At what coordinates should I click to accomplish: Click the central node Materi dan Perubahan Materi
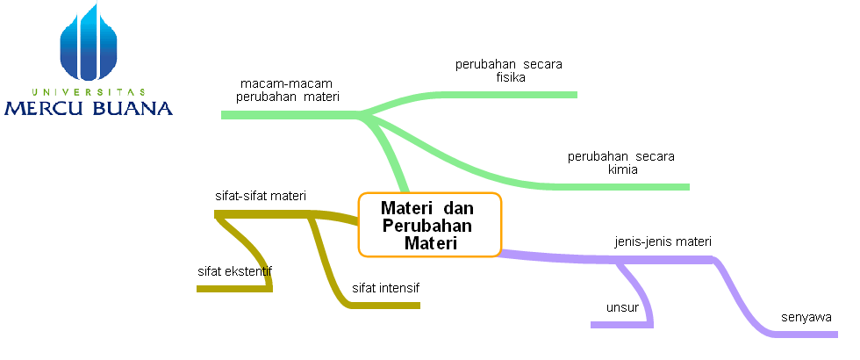pos(429,226)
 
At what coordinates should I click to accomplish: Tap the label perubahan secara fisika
pos(509,70)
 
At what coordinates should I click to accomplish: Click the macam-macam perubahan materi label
pos(288,90)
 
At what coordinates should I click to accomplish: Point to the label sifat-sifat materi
pos(261,196)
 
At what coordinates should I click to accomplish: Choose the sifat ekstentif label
pos(234,270)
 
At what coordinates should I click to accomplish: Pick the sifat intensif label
pos(386,287)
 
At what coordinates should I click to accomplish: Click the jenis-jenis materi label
pos(663,241)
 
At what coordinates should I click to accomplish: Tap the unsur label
pos(622,307)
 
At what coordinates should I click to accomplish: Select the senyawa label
pos(806,317)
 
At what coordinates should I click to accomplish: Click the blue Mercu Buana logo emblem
pos(89,44)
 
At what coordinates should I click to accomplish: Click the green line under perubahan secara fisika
pos(527,94)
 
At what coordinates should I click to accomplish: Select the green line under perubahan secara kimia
pos(632,186)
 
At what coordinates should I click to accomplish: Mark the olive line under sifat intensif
pos(386,305)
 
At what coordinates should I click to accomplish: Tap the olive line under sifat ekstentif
pos(233,288)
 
